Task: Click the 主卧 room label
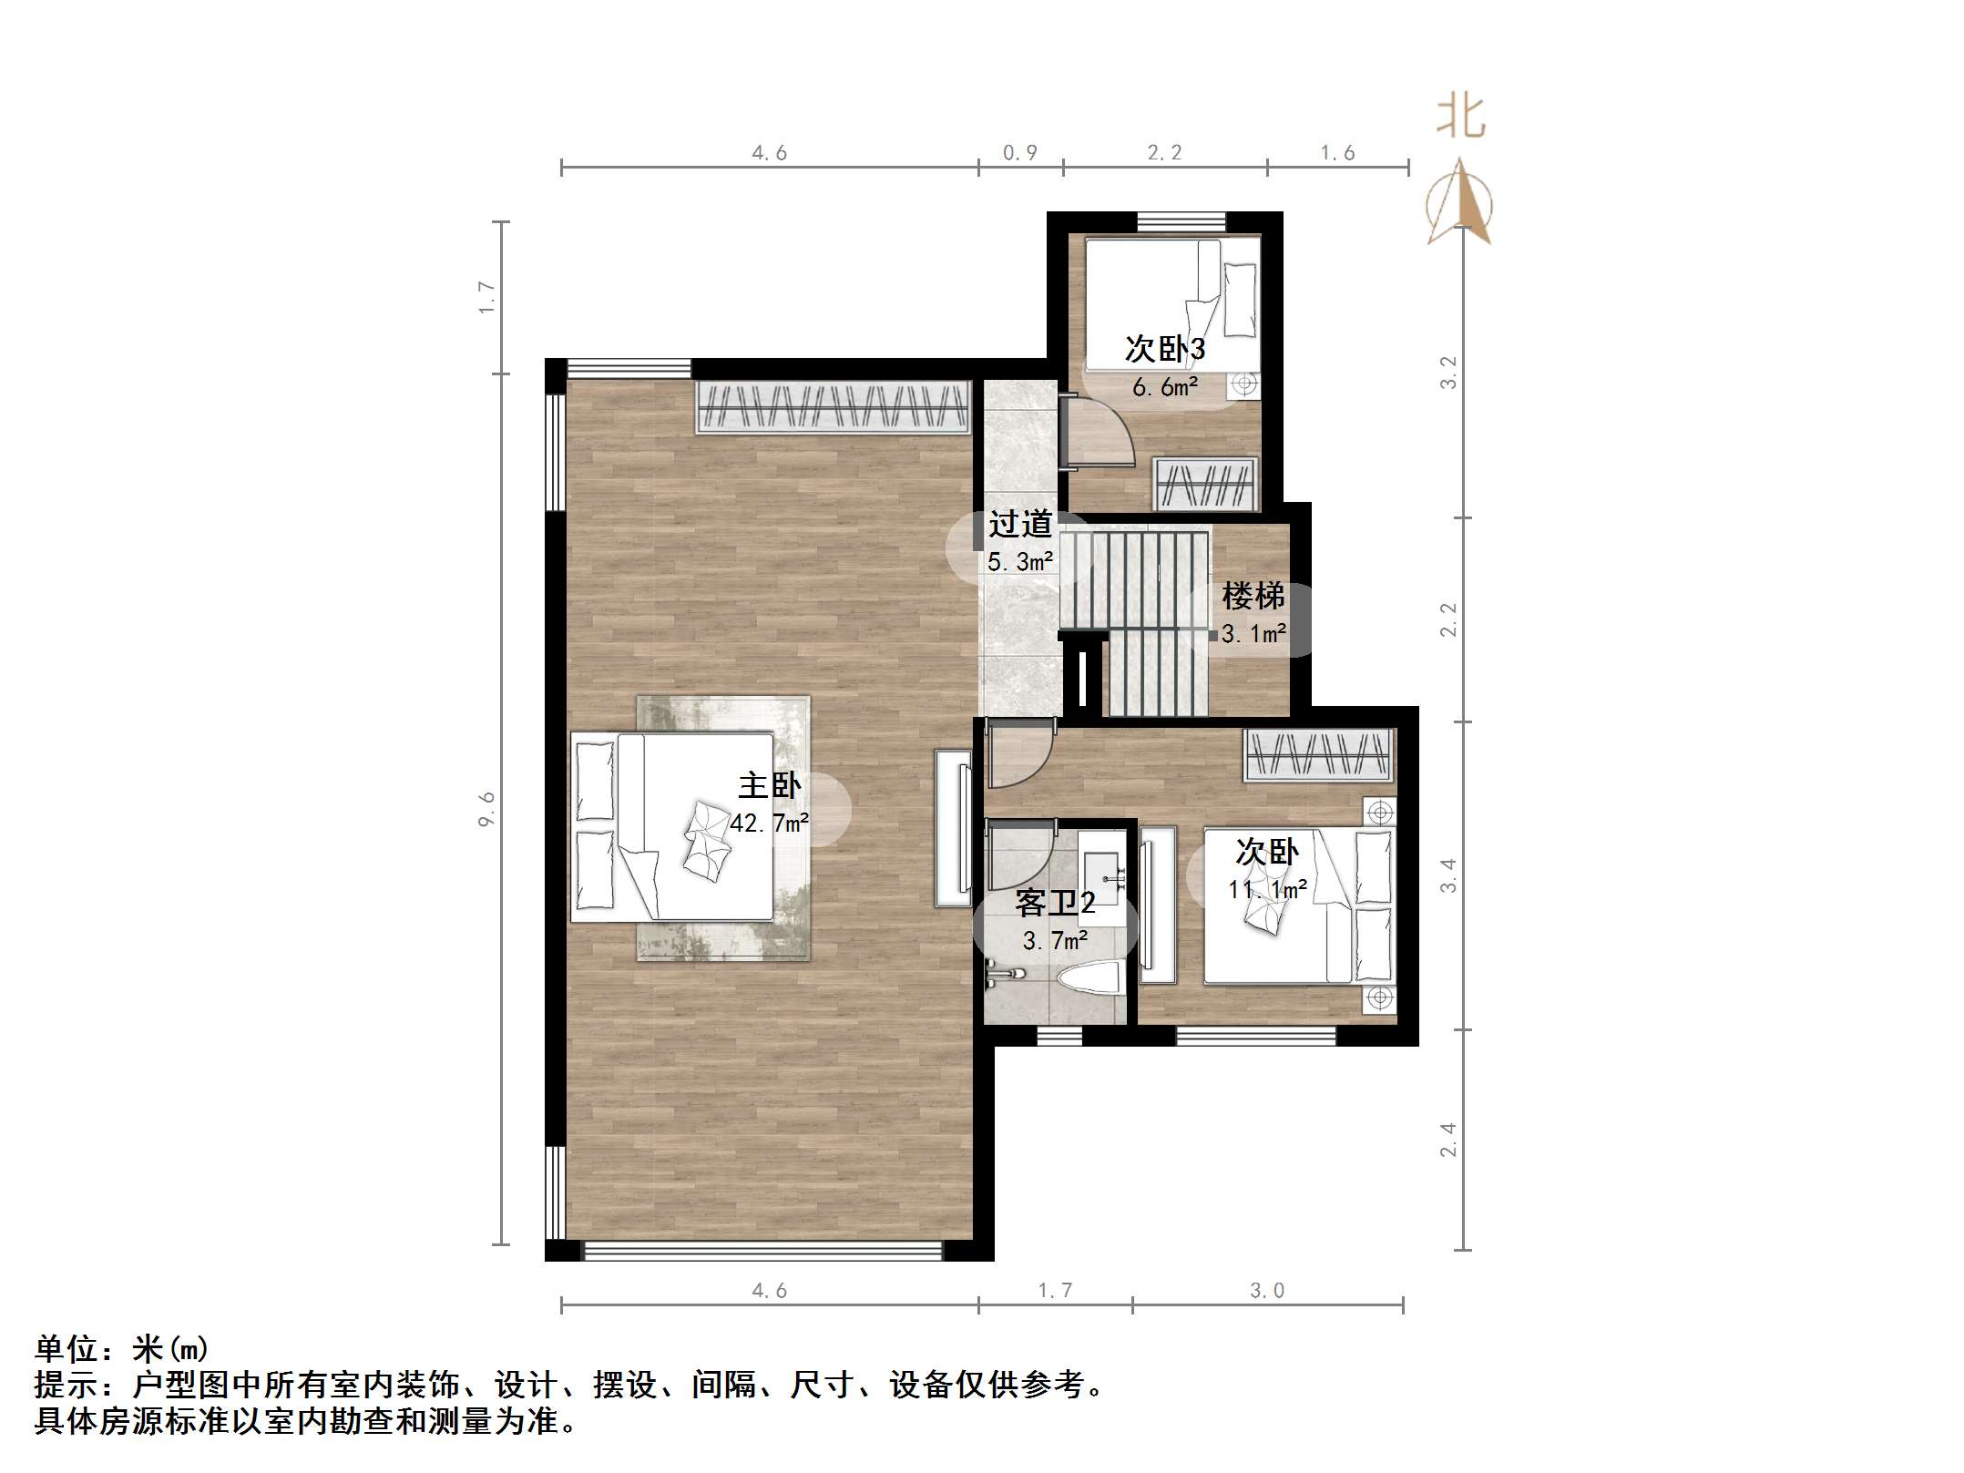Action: coord(769,785)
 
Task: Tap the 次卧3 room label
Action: coord(1164,348)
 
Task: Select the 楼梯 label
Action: coord(1253,597)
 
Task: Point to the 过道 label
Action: coord(1020,524)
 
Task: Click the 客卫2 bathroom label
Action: coord(1054,903)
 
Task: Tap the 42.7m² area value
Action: coord(769,823)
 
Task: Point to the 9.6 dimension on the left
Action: coord(486,809)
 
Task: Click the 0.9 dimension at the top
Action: coord(1019,153)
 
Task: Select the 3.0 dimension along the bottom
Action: coord(1266,1291)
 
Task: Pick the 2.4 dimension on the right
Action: coord(1447,1140)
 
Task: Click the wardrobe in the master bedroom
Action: coord(833,406)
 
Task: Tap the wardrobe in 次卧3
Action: coord(1206,484)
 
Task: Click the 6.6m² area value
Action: coord(1164,387)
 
